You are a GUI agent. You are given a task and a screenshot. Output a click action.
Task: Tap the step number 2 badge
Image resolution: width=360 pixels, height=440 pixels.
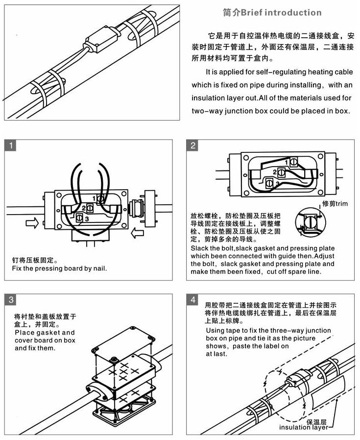click(x=193, y=146)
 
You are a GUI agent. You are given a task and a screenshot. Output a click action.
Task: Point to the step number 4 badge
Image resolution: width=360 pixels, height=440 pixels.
click(x=194, y=300)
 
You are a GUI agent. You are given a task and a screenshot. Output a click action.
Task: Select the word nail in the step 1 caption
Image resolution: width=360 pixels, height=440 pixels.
click(x=99, y=269)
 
